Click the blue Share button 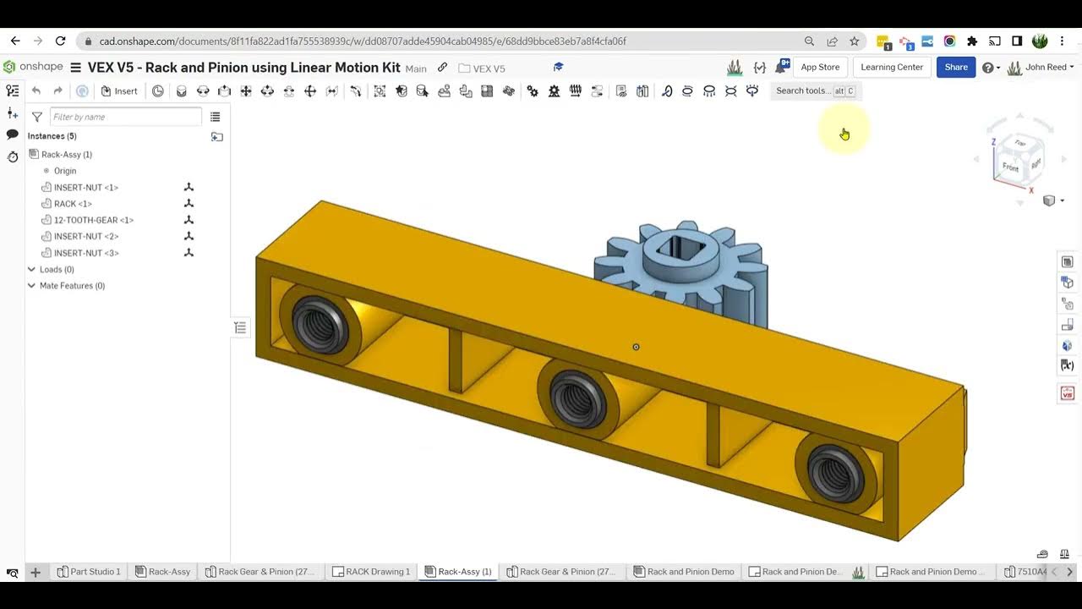click(x=956, y=68)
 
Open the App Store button click(x=820, y=68)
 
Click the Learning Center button click(x=892, y=68)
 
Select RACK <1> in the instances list click(x=73, y=204)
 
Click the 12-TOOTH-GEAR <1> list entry click(x=94, y=220)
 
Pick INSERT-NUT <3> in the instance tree click(x=86, y=253)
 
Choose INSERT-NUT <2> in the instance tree click(x=86, y=237)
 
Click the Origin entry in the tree click(x=65, y=171)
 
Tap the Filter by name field click(x=125, y=117)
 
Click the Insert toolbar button click(x=119, y=91)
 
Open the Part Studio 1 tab click(x=89, y=572)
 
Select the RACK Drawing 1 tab click(x=371, y=572)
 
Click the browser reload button click(x=60, y=41)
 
